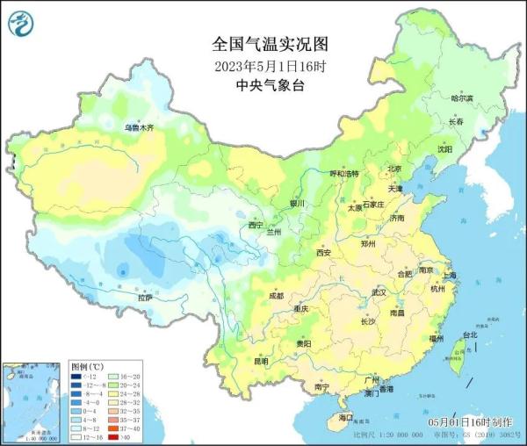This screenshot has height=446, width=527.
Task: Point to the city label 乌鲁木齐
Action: tap(139, 128)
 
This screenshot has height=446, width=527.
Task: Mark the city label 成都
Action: tap(276, 296)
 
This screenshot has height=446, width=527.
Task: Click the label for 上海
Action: tap(450, 275)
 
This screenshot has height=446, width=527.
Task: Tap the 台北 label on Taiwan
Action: tap(469, 334)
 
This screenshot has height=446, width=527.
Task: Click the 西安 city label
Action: tap(324, 253)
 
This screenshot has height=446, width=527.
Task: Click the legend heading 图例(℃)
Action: tap(87, 364)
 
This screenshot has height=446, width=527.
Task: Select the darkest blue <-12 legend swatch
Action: tap(76, 376)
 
